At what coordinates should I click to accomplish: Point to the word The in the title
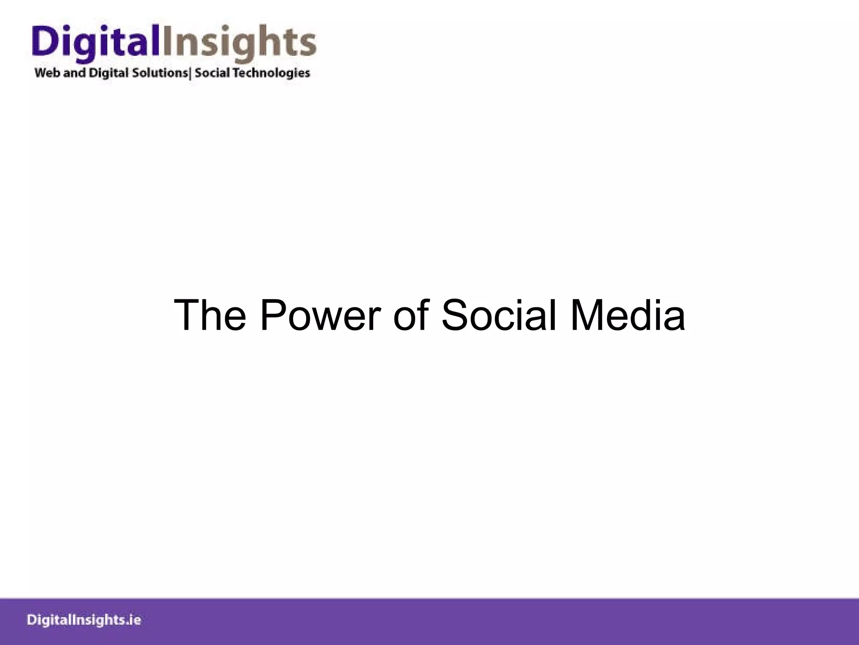[210, 315]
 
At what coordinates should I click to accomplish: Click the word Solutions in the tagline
[160, 73]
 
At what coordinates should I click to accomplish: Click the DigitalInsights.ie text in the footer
[84, 620]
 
